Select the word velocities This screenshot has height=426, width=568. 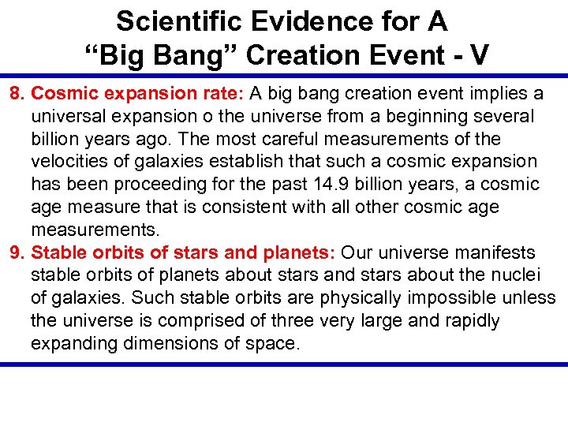coord(68,162)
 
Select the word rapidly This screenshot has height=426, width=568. coord(471,321)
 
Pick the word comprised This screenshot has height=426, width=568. coord(192,321)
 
